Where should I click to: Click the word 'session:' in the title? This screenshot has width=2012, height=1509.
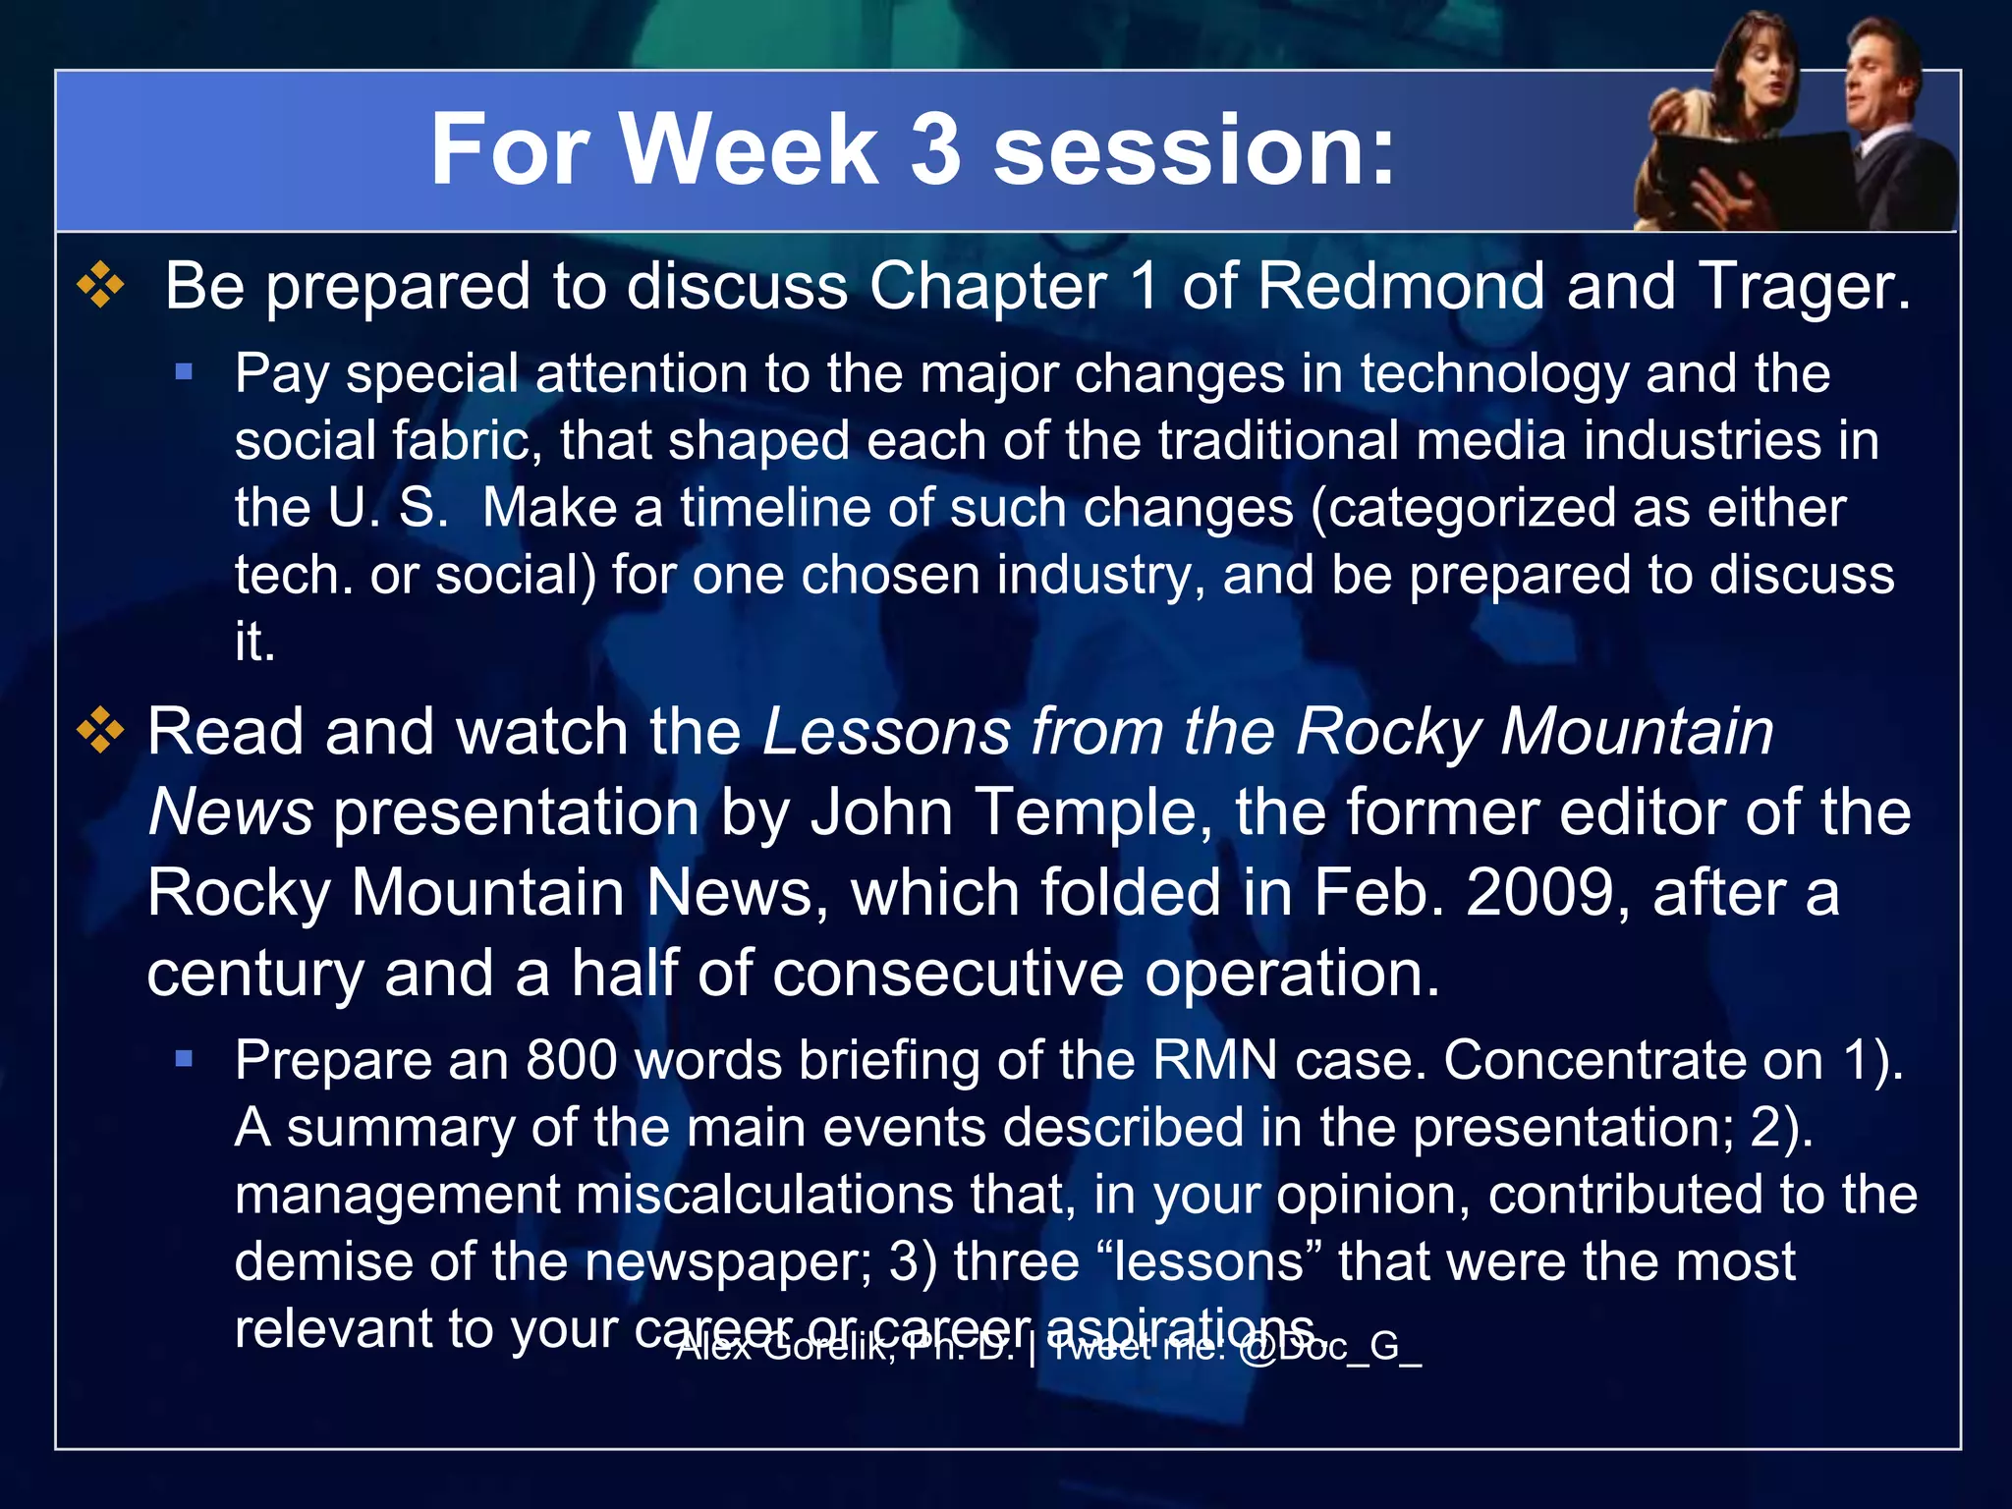[1194, 149]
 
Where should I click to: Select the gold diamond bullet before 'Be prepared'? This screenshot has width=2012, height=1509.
[101, 286]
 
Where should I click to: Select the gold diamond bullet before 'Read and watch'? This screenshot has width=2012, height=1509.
[101, 732]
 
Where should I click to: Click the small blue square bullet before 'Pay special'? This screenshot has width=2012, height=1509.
[184, 372]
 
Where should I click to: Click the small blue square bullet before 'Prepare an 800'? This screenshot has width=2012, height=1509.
[184, 1059]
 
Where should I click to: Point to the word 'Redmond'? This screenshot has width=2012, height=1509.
[1404, 287]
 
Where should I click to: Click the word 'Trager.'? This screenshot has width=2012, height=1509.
[1804, 287]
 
